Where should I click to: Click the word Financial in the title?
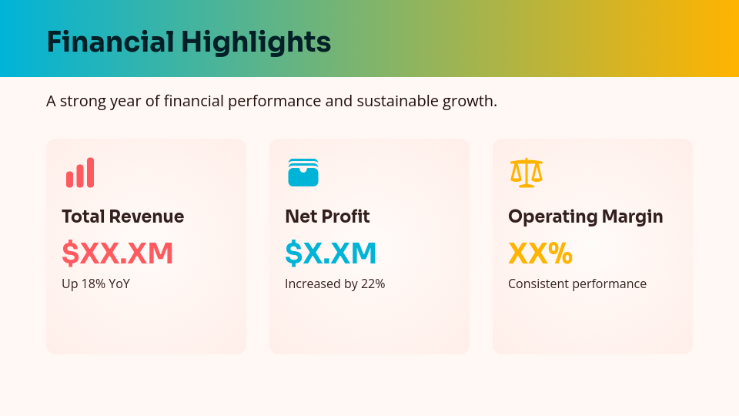pos(110,42)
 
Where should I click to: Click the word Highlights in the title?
pos(256,42)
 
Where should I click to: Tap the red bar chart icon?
pos(80,173)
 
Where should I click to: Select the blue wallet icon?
pos(303,173)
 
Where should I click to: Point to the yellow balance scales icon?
pos(527,173)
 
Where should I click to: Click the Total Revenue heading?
pos(123,216)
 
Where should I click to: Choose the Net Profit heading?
pos(327,216)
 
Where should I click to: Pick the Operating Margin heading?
pos(586,216)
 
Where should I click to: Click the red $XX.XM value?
pos(118,253)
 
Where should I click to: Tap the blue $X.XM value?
pos(331,253)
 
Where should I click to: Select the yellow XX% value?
pos(540,253)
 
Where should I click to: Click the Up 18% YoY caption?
pos(96,283)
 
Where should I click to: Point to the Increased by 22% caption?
pos(335,283)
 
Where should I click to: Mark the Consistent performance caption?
pos(577,283)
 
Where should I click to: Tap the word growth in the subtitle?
pos(470,102)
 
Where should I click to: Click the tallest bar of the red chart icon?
pos(91,173)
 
